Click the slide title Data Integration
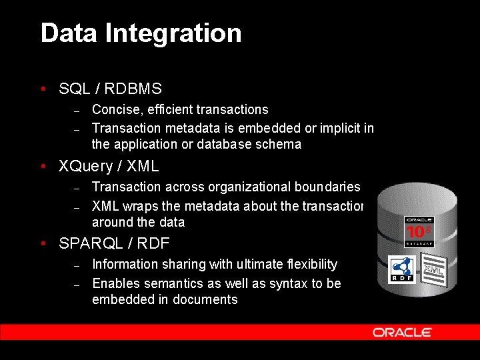141,33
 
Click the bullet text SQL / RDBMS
110,89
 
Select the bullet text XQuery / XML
109,166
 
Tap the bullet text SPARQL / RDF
114,244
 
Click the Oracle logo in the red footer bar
402,332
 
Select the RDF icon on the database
402,270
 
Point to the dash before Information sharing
77,265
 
